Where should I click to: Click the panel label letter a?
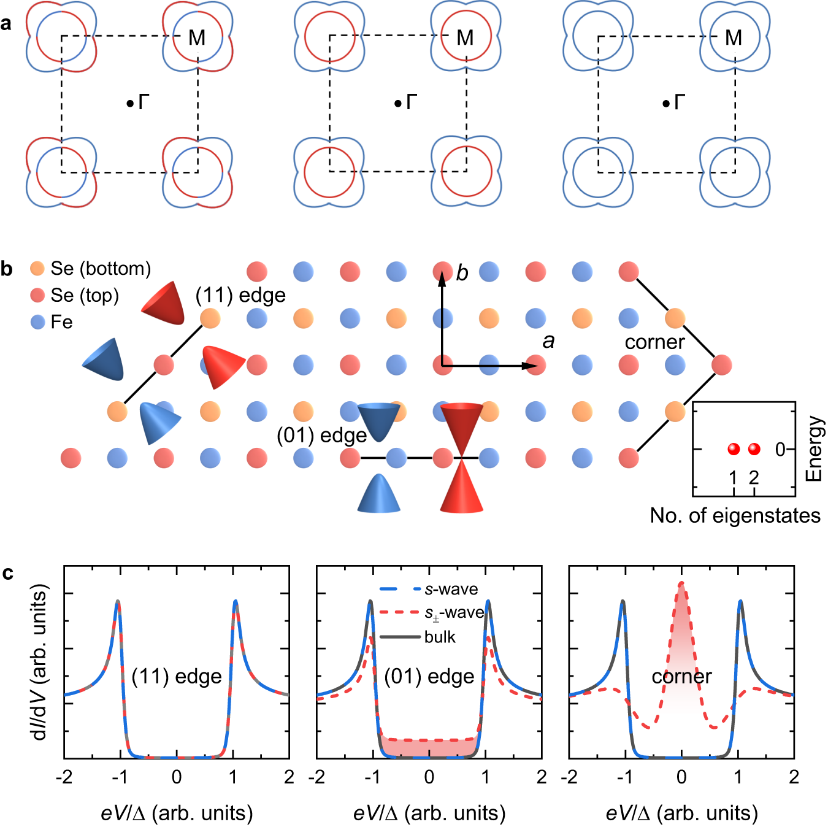[7, 24]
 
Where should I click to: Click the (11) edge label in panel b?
[240, 296]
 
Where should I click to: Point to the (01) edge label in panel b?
[321, 435]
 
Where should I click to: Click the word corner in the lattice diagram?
[654, 342]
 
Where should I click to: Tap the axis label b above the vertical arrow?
[462, 273]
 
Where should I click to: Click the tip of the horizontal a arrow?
[534, 366]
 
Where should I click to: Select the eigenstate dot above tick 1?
[734, 449]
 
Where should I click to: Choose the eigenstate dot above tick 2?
[754, 449]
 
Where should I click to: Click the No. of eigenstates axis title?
[735, 515]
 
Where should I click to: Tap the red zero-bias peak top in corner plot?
[681, 583]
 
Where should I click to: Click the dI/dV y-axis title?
[40, 663]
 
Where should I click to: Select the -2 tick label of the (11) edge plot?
[64, 777]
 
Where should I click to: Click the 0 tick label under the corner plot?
[681, 777]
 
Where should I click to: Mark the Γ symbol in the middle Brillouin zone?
[412, 102]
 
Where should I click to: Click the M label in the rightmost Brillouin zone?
[734, 38]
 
